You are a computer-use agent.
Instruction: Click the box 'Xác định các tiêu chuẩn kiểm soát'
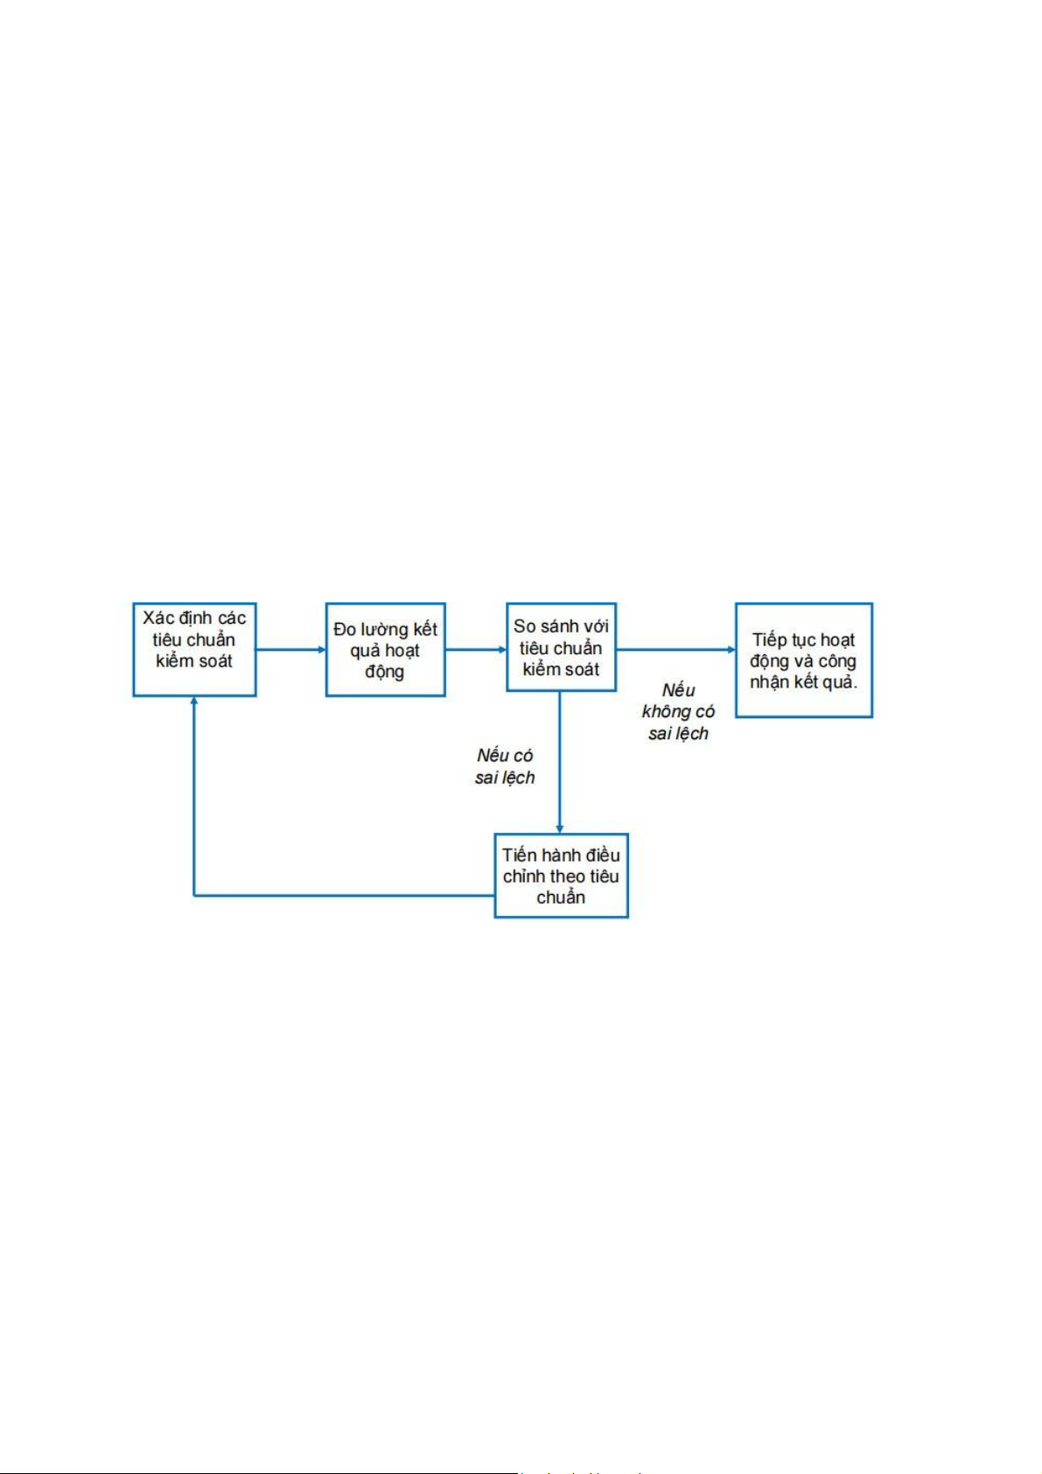[194, 649]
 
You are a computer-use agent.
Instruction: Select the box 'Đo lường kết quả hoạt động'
[385, 649]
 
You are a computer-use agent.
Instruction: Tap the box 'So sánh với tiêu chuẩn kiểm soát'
[561, 647]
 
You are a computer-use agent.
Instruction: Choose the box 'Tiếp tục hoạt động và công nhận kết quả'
[803, 660]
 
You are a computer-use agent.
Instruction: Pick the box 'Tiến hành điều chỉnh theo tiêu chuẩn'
[561, 876]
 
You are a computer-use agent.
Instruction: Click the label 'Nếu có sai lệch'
[505, 766]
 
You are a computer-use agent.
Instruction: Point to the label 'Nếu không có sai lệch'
[678, 712]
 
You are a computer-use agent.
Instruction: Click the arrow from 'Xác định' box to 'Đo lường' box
[290, 650]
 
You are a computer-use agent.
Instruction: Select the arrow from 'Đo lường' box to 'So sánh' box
[476, 650]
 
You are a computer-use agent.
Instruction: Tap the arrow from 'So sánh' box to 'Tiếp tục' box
[675, 650]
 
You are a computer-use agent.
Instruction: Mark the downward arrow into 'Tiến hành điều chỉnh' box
[560, 761]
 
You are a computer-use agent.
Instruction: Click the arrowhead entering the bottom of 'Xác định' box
[194, 702]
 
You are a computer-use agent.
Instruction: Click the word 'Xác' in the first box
[158, 618]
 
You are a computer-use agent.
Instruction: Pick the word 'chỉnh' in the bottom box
[524, 877]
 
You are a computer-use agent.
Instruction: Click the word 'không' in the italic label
[667, 712]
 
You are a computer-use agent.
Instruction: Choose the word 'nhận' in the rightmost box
[769, 682]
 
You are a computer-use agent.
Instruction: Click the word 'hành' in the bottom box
[561, 856]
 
